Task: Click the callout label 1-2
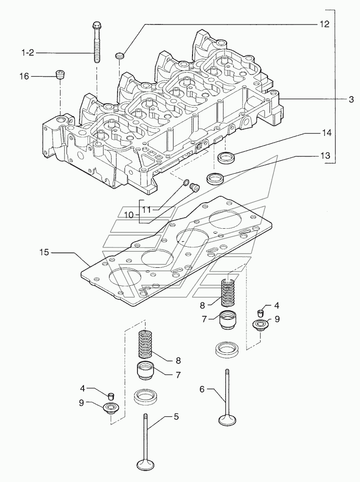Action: click(x=27, y=53)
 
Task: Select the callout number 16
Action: click(x=24, y=76)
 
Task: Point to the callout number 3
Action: click(x=351, y=99)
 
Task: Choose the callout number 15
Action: click(x=44, y=252)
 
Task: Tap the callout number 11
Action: click(x=147, y=210)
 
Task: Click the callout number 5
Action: click(x=176, y=416)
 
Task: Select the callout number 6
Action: click(x=202, y=389)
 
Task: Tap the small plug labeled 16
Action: click(x=60, y=75)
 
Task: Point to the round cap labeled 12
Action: click(x=119, y=56)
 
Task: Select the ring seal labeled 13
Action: click(x=214, y=179)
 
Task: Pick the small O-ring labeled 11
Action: click(x=186, y=183)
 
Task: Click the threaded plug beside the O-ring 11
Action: click(x=194, y=187)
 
